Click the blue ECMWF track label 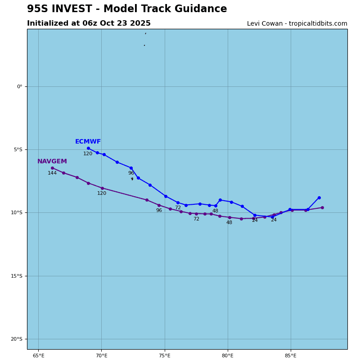click(x=88, y=142)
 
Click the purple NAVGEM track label click(x=52, y=162)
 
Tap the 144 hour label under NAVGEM click(x=52, y=173)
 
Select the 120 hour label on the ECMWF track click(x=88, y=154)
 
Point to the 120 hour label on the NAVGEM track click(x=102, y=193)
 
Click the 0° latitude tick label click(x=19, y=87)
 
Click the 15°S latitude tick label click(x=16, y=276)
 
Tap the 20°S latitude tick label click(x=16, y=339)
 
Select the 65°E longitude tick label click(x=38, y=356)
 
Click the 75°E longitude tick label click(x=165, y=356)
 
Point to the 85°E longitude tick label click(x=291, y=356)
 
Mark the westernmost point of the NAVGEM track click(x=52, y=168)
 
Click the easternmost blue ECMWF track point click(x=319, y=198)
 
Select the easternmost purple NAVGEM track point click(x=322, y=207)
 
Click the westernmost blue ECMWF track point click(x=88, y=148)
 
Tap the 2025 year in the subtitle click(x=141, y=23)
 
